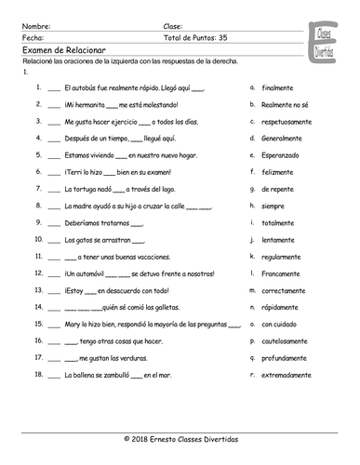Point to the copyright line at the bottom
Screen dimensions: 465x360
[180, 436]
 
